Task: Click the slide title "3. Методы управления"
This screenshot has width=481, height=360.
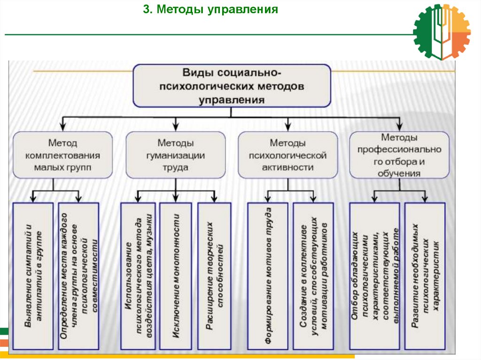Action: click(210, 10)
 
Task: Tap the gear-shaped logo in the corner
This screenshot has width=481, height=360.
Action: click(442, 32)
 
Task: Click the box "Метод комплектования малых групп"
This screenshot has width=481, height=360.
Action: click(63, 155)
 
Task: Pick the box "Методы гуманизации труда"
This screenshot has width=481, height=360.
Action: click(175, 155)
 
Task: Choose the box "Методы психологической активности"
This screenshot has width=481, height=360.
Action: click(287, 155)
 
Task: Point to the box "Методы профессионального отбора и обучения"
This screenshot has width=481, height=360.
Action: click(399, 155)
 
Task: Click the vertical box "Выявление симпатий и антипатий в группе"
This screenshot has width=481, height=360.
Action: click(33, 276)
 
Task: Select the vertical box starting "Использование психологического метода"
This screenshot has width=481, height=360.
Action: click(138, 276)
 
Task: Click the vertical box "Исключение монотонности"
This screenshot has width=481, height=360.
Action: click(175, 276)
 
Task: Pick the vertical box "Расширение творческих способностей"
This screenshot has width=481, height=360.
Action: click(214, 276)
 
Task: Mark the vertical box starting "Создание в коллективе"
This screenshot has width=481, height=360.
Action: click(314, 276)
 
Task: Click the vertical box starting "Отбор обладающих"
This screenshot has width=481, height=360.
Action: click(374, 276)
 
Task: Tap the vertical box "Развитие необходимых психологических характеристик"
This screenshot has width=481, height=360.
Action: click(425, 276)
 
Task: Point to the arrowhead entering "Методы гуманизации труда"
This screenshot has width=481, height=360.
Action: click(175, 126)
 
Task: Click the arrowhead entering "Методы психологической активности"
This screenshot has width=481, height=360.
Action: click(287, 126)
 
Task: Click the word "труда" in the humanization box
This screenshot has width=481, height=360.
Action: click(175, 167)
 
